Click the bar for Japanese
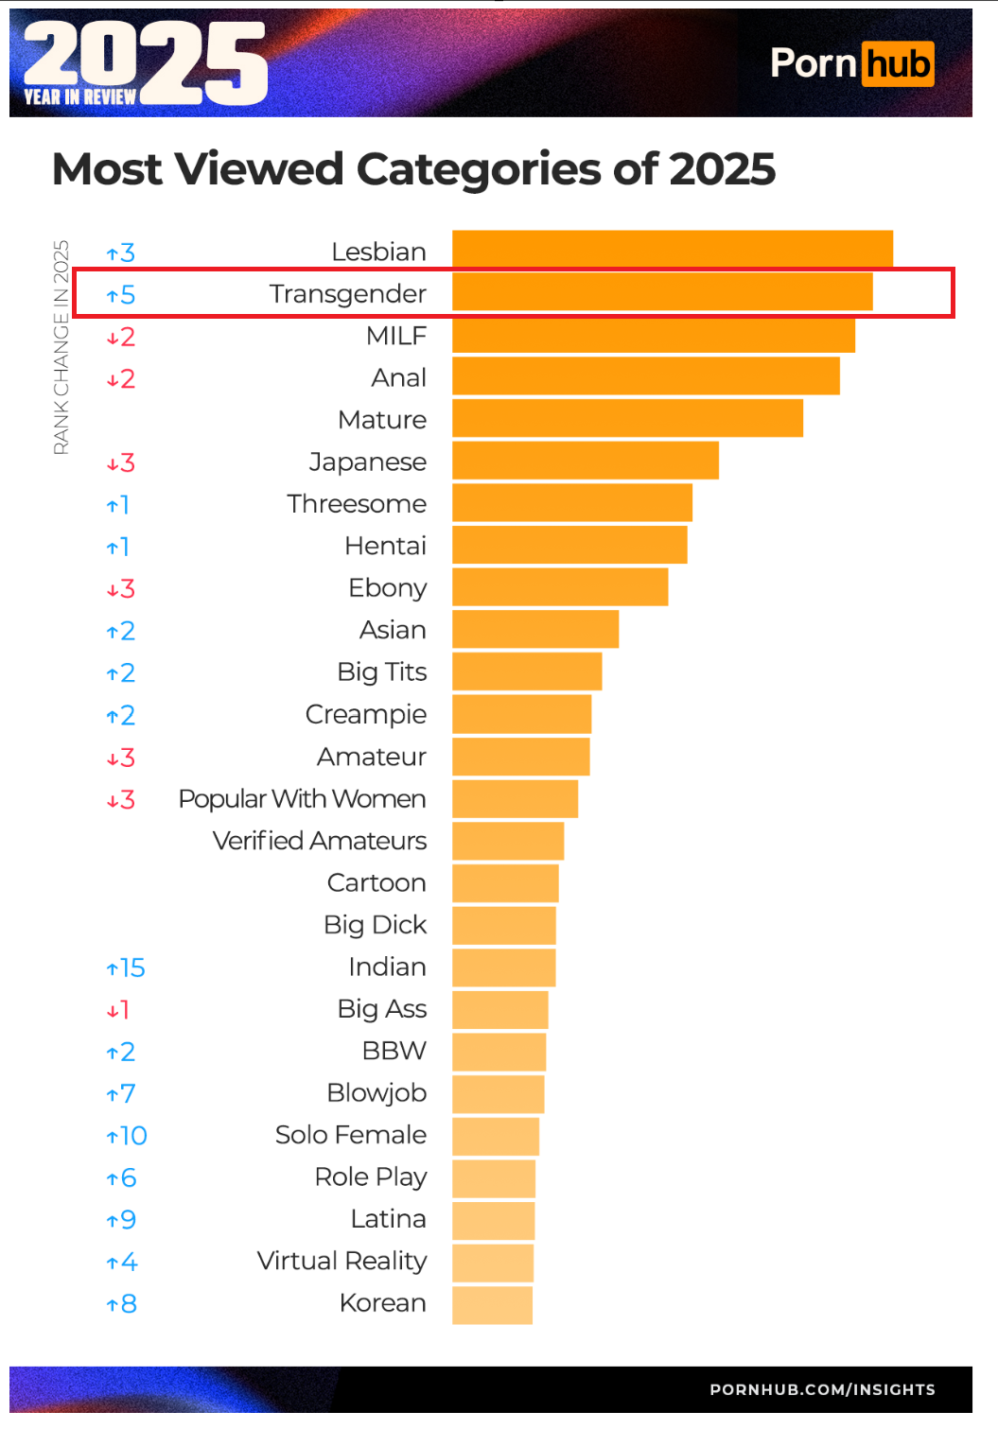point(585,461)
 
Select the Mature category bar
point(627,419)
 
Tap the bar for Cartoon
point(505,882)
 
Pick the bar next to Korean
point(492,1304)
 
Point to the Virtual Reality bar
point(492,1262)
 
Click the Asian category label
point(393,630)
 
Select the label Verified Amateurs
point(320,841)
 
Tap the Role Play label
point(371,1176)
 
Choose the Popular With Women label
point(303,799)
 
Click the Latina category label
point(388,1219)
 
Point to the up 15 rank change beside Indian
point(126,967)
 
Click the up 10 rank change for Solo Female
point(127,1136)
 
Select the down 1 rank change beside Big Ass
point(118,1010)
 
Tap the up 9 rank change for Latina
point(122,1220)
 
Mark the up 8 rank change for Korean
point(122,1304)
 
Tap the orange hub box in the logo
point(898,64)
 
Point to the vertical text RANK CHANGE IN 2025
point(61,347)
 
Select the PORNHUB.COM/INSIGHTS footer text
point(822,1389)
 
